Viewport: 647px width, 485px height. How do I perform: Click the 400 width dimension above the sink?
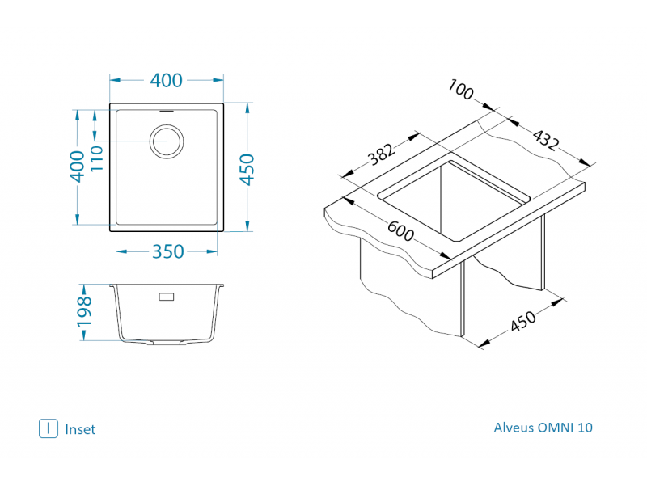pyautogui.click(x=167, y=80)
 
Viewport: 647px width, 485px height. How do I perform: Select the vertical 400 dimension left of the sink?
pyautogui.click(x=78, y=167)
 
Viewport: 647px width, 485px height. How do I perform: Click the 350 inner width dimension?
pyautogui.click(x=168, y=251)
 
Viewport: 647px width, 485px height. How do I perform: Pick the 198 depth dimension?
pyautogui.click(x=83, y=312)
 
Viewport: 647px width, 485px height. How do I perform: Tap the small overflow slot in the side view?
pyautogui.click(x=167, y=297)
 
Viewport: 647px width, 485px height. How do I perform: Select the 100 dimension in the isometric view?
pyautogui.click(x=461, y=91)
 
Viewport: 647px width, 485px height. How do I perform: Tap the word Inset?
pyautogui.click(x=80, y=429)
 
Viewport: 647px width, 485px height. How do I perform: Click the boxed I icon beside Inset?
pyautogui.click(x=48, y=428)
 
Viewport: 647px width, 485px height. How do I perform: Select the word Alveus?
pyautogui.click(x=514, y=428)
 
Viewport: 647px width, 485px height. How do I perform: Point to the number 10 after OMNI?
pyautogui.click(x=586, y=428)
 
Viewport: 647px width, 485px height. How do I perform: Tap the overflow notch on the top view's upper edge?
pyautogui.click(x=167, y=108)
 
